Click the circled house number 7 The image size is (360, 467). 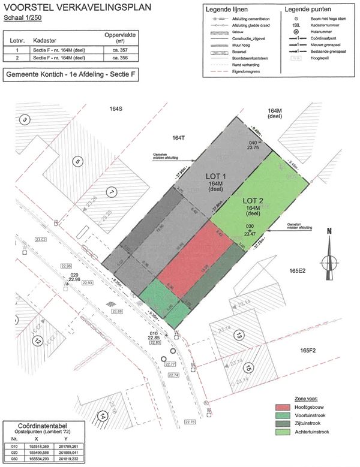coord(112,192)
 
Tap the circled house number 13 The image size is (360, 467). coord(239,334)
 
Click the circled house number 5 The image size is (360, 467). coord(77,161)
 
